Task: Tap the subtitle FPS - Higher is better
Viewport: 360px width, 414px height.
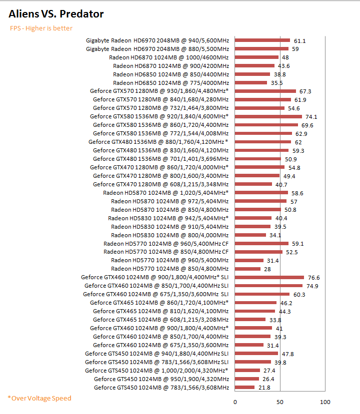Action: tap(41, 28)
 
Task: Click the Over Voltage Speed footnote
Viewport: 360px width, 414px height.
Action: tap(39, 398)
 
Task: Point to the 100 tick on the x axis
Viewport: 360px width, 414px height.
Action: tap(325, 402)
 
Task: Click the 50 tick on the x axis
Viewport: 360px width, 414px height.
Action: tap(280, 402)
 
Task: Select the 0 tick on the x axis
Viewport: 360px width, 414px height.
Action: tap(235, 402)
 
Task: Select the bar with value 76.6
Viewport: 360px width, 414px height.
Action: tap(269, 277)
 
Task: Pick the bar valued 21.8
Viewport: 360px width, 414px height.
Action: tap(245, 388)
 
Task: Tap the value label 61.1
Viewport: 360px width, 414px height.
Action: tap(300, 40)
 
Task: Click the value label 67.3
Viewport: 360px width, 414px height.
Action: tap(305, 91)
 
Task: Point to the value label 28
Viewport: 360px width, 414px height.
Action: tap(268, 269)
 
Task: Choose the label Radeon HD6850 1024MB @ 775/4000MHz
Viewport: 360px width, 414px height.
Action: tap(171, 82)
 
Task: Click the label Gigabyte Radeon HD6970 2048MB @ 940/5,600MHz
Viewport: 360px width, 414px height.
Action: tap(157, 40)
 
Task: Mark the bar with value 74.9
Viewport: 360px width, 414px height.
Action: tap(269, 286)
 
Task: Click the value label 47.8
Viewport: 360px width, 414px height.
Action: tap(288, 354)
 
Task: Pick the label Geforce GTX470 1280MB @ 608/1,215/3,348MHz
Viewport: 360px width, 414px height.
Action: tap(160, 184)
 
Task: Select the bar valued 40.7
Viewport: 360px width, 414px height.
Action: tap(253, 184)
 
